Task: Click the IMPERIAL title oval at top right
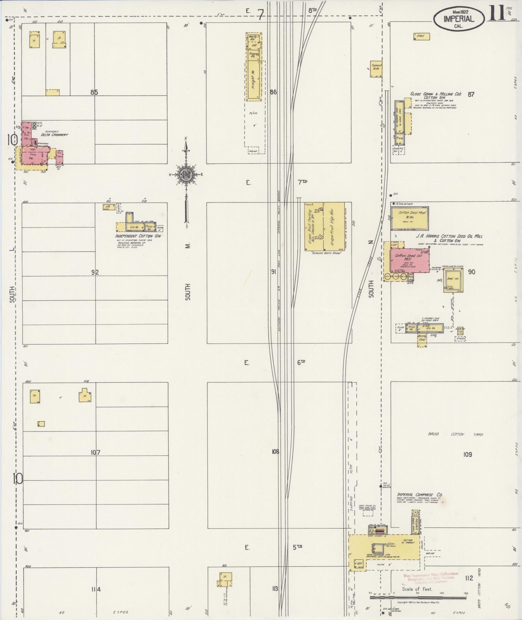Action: coord(459,19)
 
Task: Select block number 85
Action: coord(94,92)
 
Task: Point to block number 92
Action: coord(95,272)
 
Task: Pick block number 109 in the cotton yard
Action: coord(467,454)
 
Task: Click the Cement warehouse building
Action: coord(376,69)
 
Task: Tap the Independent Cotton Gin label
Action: coord(138,236)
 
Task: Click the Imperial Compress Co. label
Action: coord(419,504)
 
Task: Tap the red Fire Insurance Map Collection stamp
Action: coord(430,576)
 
